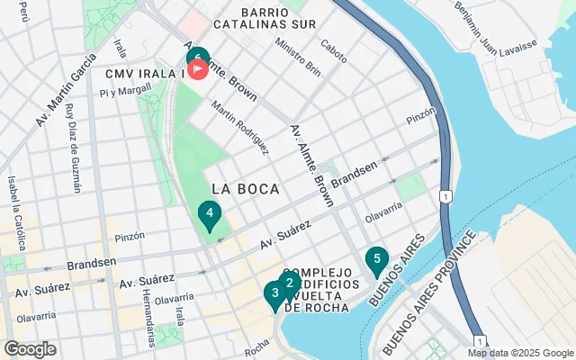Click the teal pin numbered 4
pos(209,215)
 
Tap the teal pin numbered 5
pos(377,260)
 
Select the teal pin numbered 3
pos(274,293)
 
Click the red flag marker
pos(198,70)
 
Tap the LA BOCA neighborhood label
pos(246,188)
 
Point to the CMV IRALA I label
pos(144,72)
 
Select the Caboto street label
pos(334,46)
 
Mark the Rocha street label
pos(256,345)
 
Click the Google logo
pos(30,349)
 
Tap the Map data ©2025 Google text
pos(520,353)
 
